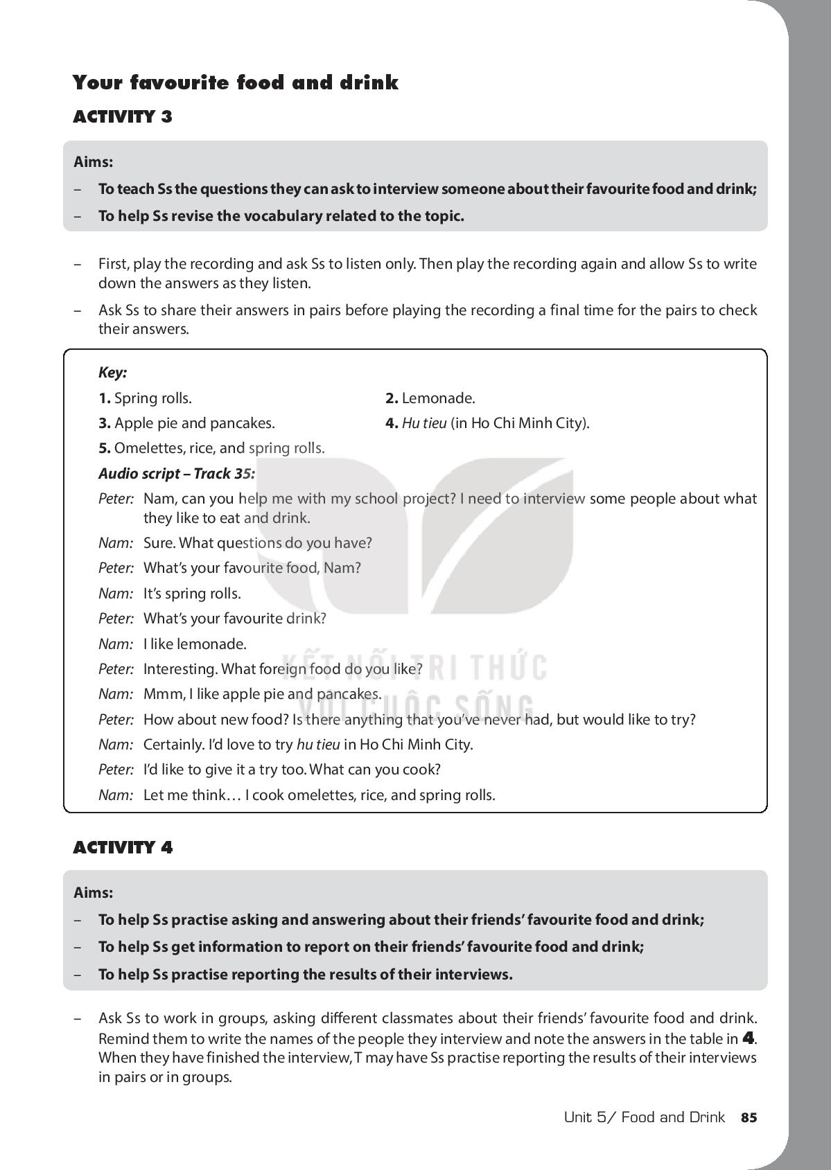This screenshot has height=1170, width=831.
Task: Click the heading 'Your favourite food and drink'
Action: (x=236, y=83)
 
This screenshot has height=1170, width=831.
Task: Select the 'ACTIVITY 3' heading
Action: (x=123, y=116)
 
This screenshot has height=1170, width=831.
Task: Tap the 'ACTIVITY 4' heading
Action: (x=123, y=847)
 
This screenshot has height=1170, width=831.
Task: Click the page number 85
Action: (x=749, y=1117)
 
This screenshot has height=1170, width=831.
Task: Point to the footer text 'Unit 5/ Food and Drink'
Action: (x=644, y=1117)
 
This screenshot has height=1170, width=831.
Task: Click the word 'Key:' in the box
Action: (x=112, y=373)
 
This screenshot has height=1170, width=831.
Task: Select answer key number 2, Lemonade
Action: (x=430, y=398)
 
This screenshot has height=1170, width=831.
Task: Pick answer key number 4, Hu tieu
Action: (x=487, y=423)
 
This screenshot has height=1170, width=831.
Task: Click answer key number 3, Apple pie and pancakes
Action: (x=186, y=423)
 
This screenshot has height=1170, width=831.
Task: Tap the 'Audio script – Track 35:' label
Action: (x=177, y=474)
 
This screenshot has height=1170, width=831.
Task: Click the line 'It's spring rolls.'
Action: (x=192, y=594)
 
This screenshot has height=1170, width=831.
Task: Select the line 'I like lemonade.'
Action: (x=195, y=644)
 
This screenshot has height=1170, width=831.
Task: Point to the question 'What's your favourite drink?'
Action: (x=234, y=619)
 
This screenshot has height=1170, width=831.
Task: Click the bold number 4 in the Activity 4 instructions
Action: (x=748, y=1038)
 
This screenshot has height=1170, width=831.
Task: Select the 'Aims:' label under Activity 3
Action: (x=94, y=162)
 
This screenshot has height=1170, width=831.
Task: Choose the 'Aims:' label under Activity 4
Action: (x=94, y=893)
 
